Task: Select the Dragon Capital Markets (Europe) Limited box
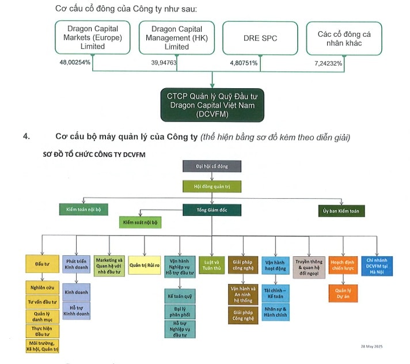92,38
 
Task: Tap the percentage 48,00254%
74,62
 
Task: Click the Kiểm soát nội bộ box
141,222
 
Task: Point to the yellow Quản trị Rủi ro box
144,265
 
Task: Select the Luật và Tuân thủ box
211,265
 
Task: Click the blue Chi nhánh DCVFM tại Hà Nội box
377,266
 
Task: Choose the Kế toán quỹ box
179,296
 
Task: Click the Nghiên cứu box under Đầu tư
42,287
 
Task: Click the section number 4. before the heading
26,137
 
